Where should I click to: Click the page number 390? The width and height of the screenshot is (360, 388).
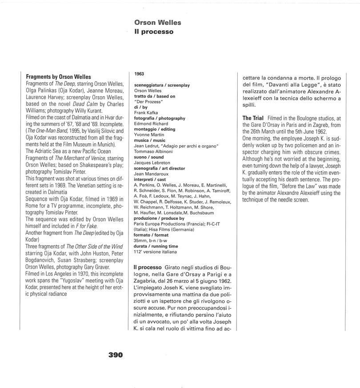tap(115, 355)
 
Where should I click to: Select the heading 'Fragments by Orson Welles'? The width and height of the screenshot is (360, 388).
tap(58, 77)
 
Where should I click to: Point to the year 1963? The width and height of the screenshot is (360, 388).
tap(139, 74)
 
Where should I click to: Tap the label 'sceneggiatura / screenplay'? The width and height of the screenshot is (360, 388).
tap(162, 85)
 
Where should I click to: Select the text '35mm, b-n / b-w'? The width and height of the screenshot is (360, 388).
tap(151, 240)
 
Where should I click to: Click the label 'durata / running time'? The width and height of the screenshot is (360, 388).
tap(156, 246)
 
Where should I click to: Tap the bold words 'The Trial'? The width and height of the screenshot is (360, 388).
tap(253, 118)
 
